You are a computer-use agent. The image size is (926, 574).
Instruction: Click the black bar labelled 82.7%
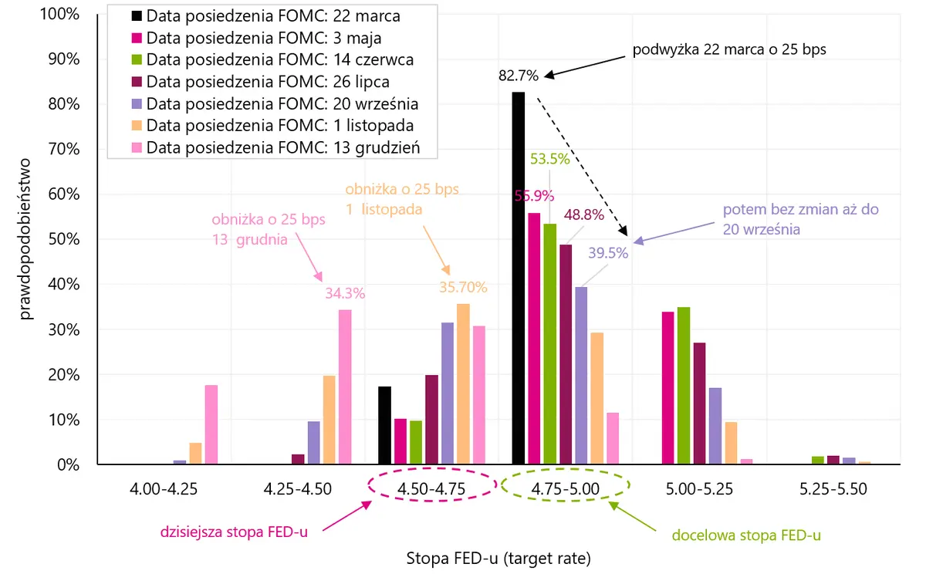[x=519, y=278]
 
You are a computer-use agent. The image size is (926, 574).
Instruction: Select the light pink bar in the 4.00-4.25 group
[x=211, y=424]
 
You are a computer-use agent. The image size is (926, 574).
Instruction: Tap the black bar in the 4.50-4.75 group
[x=384, y=425]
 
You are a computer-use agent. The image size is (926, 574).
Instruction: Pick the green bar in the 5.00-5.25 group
[x=684, y=386]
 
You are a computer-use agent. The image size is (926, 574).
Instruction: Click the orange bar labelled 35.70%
[x=463, y=384]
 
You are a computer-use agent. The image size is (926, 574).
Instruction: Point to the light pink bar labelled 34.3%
[x=345, y=387]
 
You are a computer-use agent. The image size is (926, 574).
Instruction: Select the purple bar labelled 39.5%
[x=581, y=375]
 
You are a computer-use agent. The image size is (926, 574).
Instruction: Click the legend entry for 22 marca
[x=265, y=16]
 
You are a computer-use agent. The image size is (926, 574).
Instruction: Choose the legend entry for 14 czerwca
[x=272, y=59]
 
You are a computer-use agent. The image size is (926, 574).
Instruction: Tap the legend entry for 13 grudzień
[x=275, y=147]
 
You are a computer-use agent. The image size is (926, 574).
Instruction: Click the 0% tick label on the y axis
[x=69, y=465]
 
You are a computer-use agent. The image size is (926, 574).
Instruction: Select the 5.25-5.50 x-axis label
[x=833, y=489]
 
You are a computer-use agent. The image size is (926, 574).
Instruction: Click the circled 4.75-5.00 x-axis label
[x=565, y=489]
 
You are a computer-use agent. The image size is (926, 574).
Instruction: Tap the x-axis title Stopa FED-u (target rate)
[x=498, y=558]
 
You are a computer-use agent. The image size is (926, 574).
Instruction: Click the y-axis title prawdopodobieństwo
[x=25, y=239]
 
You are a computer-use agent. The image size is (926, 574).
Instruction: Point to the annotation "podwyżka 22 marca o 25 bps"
[x=729, y=49]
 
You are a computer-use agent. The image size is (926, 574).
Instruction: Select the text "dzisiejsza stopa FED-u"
[x=234, y=532]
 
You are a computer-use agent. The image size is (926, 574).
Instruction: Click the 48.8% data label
[x=583, y=215]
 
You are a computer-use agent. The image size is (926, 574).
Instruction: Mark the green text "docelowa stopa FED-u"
[x=746, y=535]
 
